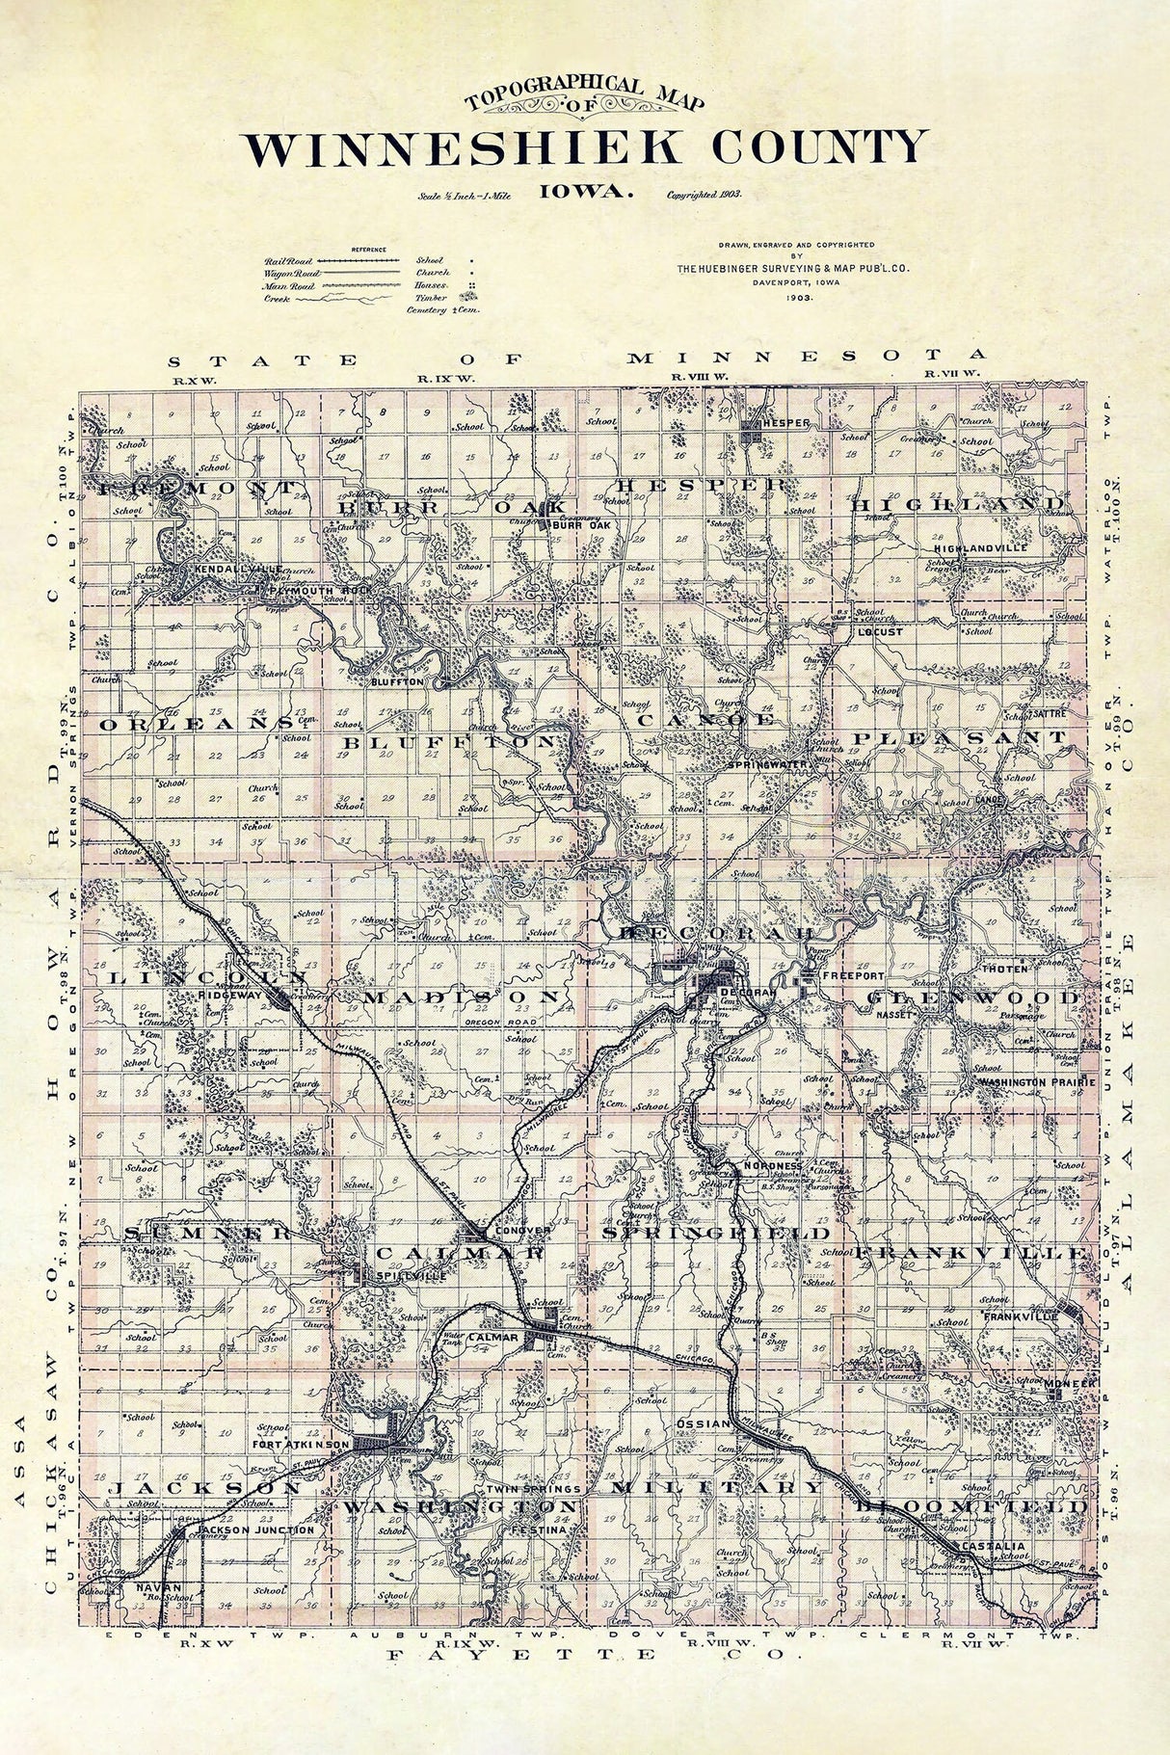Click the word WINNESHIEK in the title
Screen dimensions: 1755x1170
466,148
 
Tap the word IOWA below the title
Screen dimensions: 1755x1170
586,191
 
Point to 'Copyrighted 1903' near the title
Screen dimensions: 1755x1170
704,194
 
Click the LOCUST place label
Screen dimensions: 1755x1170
880,632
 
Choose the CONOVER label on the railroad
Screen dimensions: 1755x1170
521,1232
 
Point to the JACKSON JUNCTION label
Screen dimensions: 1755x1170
254,1529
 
